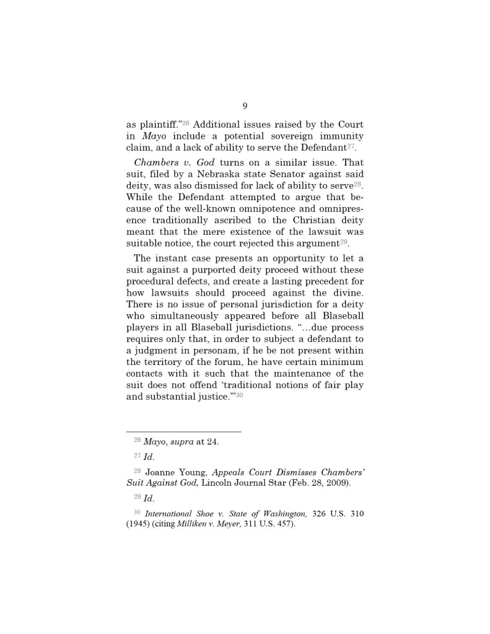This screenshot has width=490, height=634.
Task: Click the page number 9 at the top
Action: coord(245,106)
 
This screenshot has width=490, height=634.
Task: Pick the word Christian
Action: coord(302,221)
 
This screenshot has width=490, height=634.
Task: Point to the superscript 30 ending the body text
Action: coord(238,395)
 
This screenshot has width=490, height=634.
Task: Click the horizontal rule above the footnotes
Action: coord(183,432)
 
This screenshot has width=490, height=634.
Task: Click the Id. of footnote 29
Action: coord(149,498)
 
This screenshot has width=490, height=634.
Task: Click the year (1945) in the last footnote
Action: coord(138,525)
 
